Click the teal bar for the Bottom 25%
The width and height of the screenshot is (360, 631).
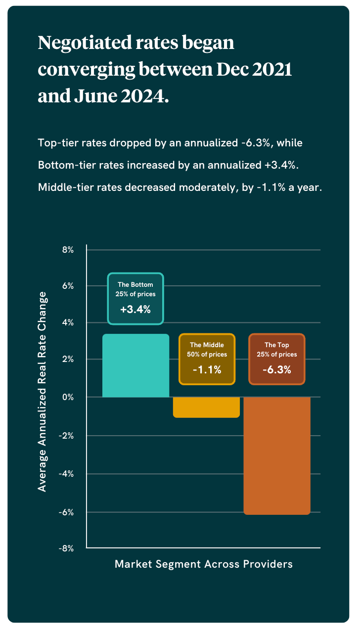point(135,365)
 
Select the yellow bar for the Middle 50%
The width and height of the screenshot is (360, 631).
point(206,407)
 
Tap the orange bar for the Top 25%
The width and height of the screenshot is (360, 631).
point(277,455)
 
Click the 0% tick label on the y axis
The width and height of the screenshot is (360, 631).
point(68,397)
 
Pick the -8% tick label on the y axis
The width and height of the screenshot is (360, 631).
point(67,548)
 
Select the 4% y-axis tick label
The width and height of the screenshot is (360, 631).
point(68,323)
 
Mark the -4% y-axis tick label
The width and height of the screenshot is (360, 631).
point(67,474)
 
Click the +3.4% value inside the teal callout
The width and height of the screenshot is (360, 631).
point(135,310)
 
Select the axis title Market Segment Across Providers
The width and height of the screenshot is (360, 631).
point(204,564)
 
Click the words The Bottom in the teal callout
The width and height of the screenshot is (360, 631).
point(135,285)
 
